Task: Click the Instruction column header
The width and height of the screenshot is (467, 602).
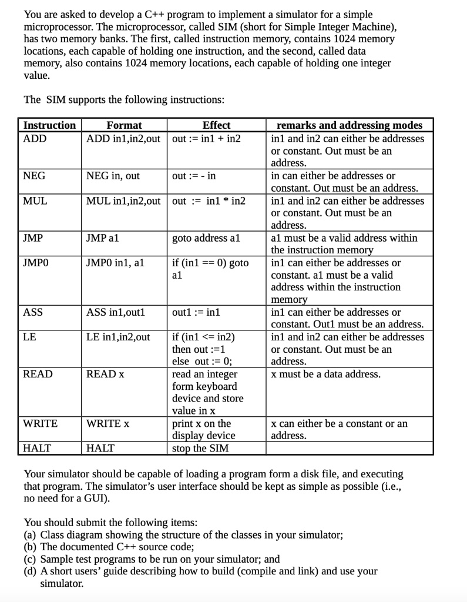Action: click(x=49, y=125)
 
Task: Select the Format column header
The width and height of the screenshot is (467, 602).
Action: click(x=124, y=125)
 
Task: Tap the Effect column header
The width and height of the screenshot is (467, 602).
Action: click(x=216, y=125)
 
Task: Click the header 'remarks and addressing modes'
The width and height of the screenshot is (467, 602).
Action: click(x=349, y=125)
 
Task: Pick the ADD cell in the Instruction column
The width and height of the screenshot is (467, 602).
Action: click(x=35, y=138)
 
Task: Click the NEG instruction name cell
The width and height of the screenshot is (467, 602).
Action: click(x=34, y=176)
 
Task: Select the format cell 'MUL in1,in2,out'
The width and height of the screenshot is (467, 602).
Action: click(x=123, y=200)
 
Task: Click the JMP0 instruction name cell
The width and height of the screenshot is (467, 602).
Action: click(x=36, y=263)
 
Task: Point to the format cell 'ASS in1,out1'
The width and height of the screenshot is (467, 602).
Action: click(x=116, y=312)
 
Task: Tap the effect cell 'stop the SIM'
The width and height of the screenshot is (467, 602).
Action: click(x=199, y=449)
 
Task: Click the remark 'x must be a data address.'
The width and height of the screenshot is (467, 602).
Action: click(x=325, y=374)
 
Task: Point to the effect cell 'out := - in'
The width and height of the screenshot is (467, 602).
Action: click(x=194, y=176)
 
